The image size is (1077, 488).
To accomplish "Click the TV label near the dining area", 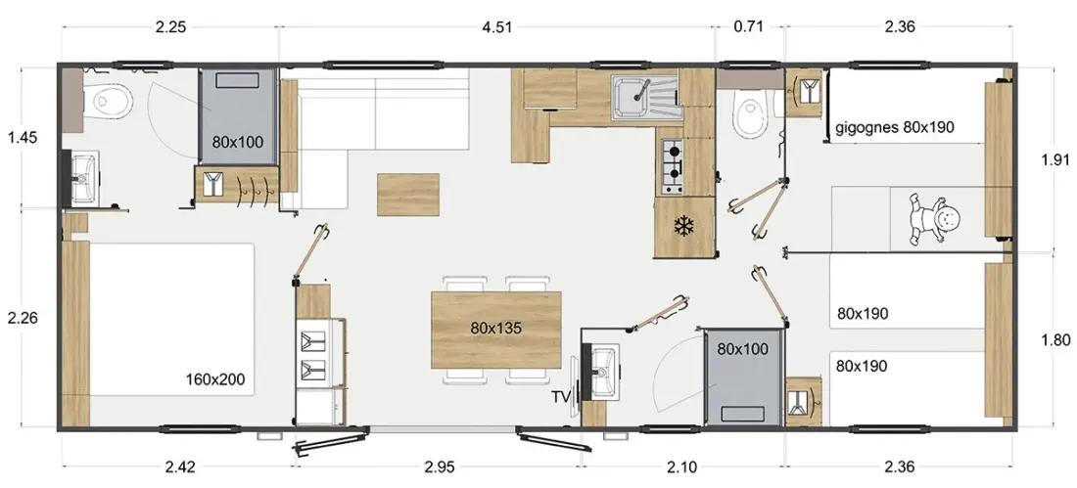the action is [x=561, y=397].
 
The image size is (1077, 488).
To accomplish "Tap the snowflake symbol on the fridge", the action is [x=682, y=226].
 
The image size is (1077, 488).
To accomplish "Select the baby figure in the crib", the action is [x=934, y=220].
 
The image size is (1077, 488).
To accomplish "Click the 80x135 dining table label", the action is [x=496, y=329].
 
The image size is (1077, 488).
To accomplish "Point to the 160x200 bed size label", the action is [x=215, y=378].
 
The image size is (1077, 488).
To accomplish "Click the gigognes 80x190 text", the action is [x=894, y=127].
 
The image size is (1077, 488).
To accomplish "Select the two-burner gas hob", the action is [x=673, y=165].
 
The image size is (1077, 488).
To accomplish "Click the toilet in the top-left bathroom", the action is [x=111, y=102].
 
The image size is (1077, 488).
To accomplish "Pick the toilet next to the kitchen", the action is [x=747, y=114].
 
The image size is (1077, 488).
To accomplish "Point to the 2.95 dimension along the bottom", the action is [x=440, y=467].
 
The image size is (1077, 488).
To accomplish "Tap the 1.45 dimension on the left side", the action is [x=22, y=137].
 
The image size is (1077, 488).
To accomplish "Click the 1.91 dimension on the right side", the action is [x=1056, y=160].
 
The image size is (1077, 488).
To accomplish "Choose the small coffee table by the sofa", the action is [x=408, y=195].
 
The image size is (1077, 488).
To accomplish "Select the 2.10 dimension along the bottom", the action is [x=681, y=467].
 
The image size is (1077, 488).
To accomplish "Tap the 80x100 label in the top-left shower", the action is [x=238, y=143].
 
